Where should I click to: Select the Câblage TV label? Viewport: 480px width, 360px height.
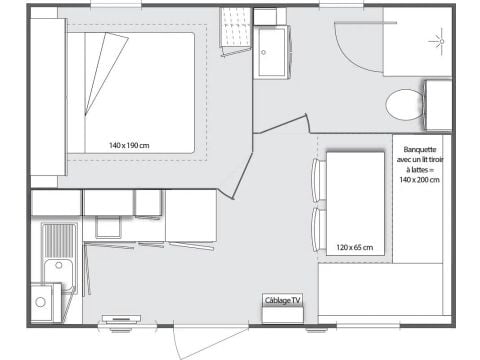click(x=282, y=299)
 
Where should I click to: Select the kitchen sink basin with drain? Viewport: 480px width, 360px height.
click(x=57, y=273)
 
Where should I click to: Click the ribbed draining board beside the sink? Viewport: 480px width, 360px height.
click(x=58, y=240)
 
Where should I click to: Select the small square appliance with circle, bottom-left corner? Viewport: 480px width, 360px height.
click(x=42, y=300)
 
